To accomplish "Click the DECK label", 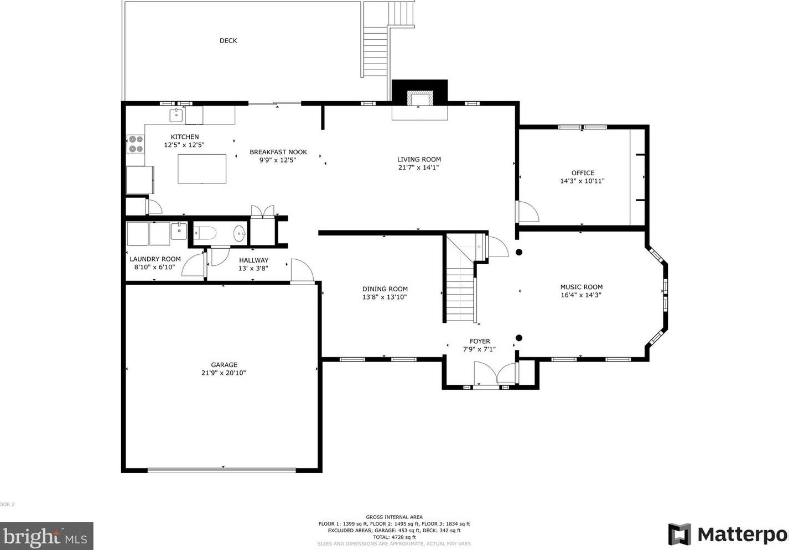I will [228, 40].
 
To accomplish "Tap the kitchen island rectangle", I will [202, 169].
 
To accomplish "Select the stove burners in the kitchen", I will [136, 144].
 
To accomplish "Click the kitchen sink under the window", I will [176, 116].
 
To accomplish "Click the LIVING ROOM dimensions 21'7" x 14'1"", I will [419, 167].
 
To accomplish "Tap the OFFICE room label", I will [583, 173].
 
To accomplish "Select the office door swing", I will [527, 212].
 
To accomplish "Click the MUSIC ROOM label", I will [581, 287].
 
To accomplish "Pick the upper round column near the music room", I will [519, 252].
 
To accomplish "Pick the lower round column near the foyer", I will [519, 338].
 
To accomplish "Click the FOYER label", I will [480, 341].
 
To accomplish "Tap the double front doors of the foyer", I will [495, 374].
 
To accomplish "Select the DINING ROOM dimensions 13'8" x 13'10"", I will [385, 297].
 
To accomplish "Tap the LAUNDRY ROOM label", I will [155, 259].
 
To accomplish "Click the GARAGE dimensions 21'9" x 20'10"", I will [224, 373].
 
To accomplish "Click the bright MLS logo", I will [46, 536].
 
